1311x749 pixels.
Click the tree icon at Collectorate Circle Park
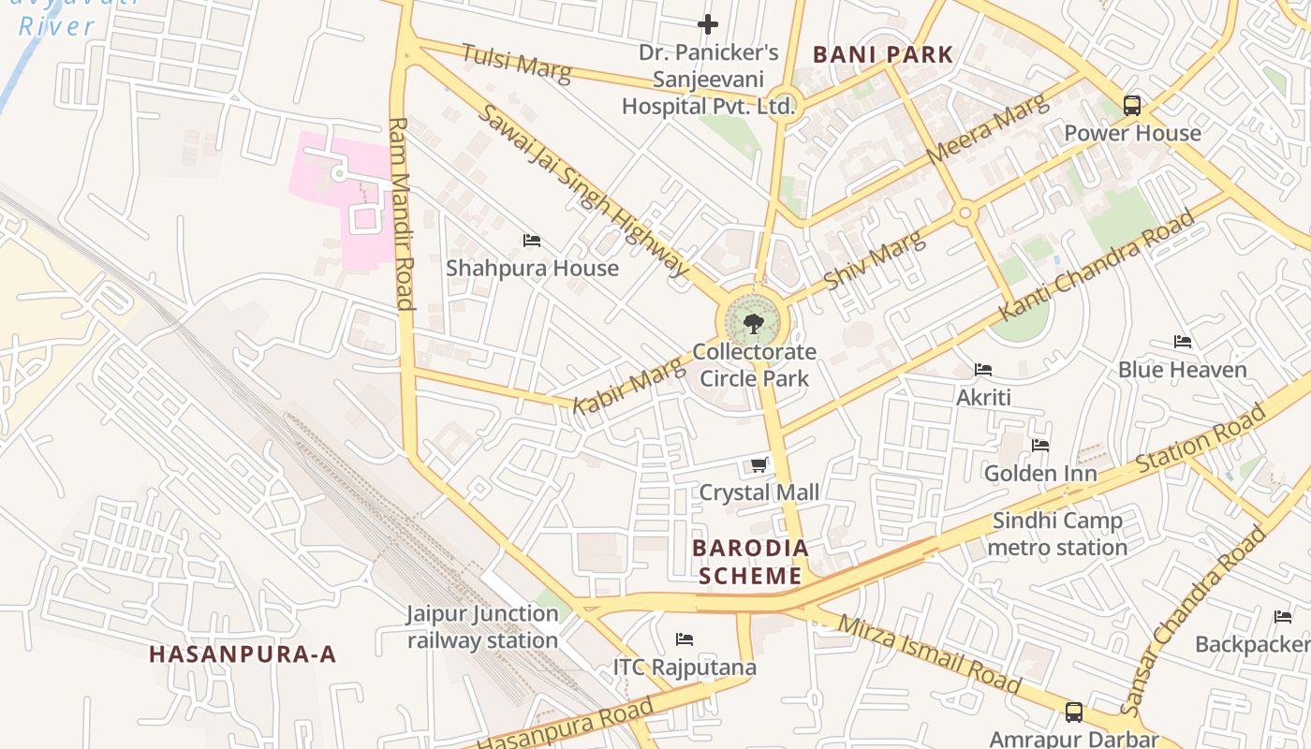[x=753, y=324]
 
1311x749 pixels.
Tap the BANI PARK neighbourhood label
[x=882, y=54]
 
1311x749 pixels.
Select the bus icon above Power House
[x=1132, y=105]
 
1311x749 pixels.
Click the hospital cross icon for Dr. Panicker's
[x=708, y=23]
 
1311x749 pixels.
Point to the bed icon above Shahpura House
[x=532, y=241]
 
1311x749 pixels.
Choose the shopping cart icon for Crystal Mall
[x=759, y=464]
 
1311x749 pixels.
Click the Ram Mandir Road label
[x=401, y=213]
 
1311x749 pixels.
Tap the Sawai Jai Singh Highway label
[x=584, y=191]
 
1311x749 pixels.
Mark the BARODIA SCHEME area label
[x=750, y=562]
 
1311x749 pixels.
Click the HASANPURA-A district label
[x=243, y=654]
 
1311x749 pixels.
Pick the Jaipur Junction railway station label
[x=482, y=627]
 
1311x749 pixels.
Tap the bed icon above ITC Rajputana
[x=685, y=639]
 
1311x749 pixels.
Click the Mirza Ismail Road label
[x=929, y=654]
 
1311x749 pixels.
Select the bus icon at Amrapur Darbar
[x=1074, y=712]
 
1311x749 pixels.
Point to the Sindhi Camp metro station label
[x=1057, y=534]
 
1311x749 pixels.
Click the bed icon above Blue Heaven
[x=1183, y=342]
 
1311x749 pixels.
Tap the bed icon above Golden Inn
[x=1040, y=446]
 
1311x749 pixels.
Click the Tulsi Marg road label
[x=515, y=63]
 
